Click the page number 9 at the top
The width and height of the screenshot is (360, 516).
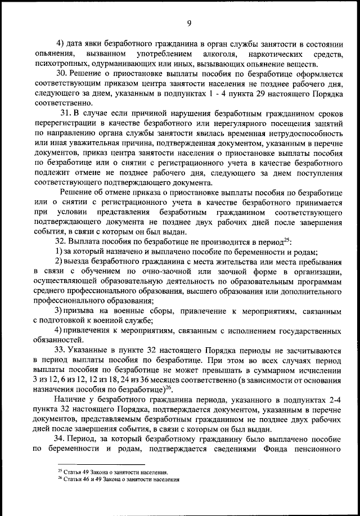point(189,23)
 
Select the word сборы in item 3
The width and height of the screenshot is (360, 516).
point(127,312)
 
